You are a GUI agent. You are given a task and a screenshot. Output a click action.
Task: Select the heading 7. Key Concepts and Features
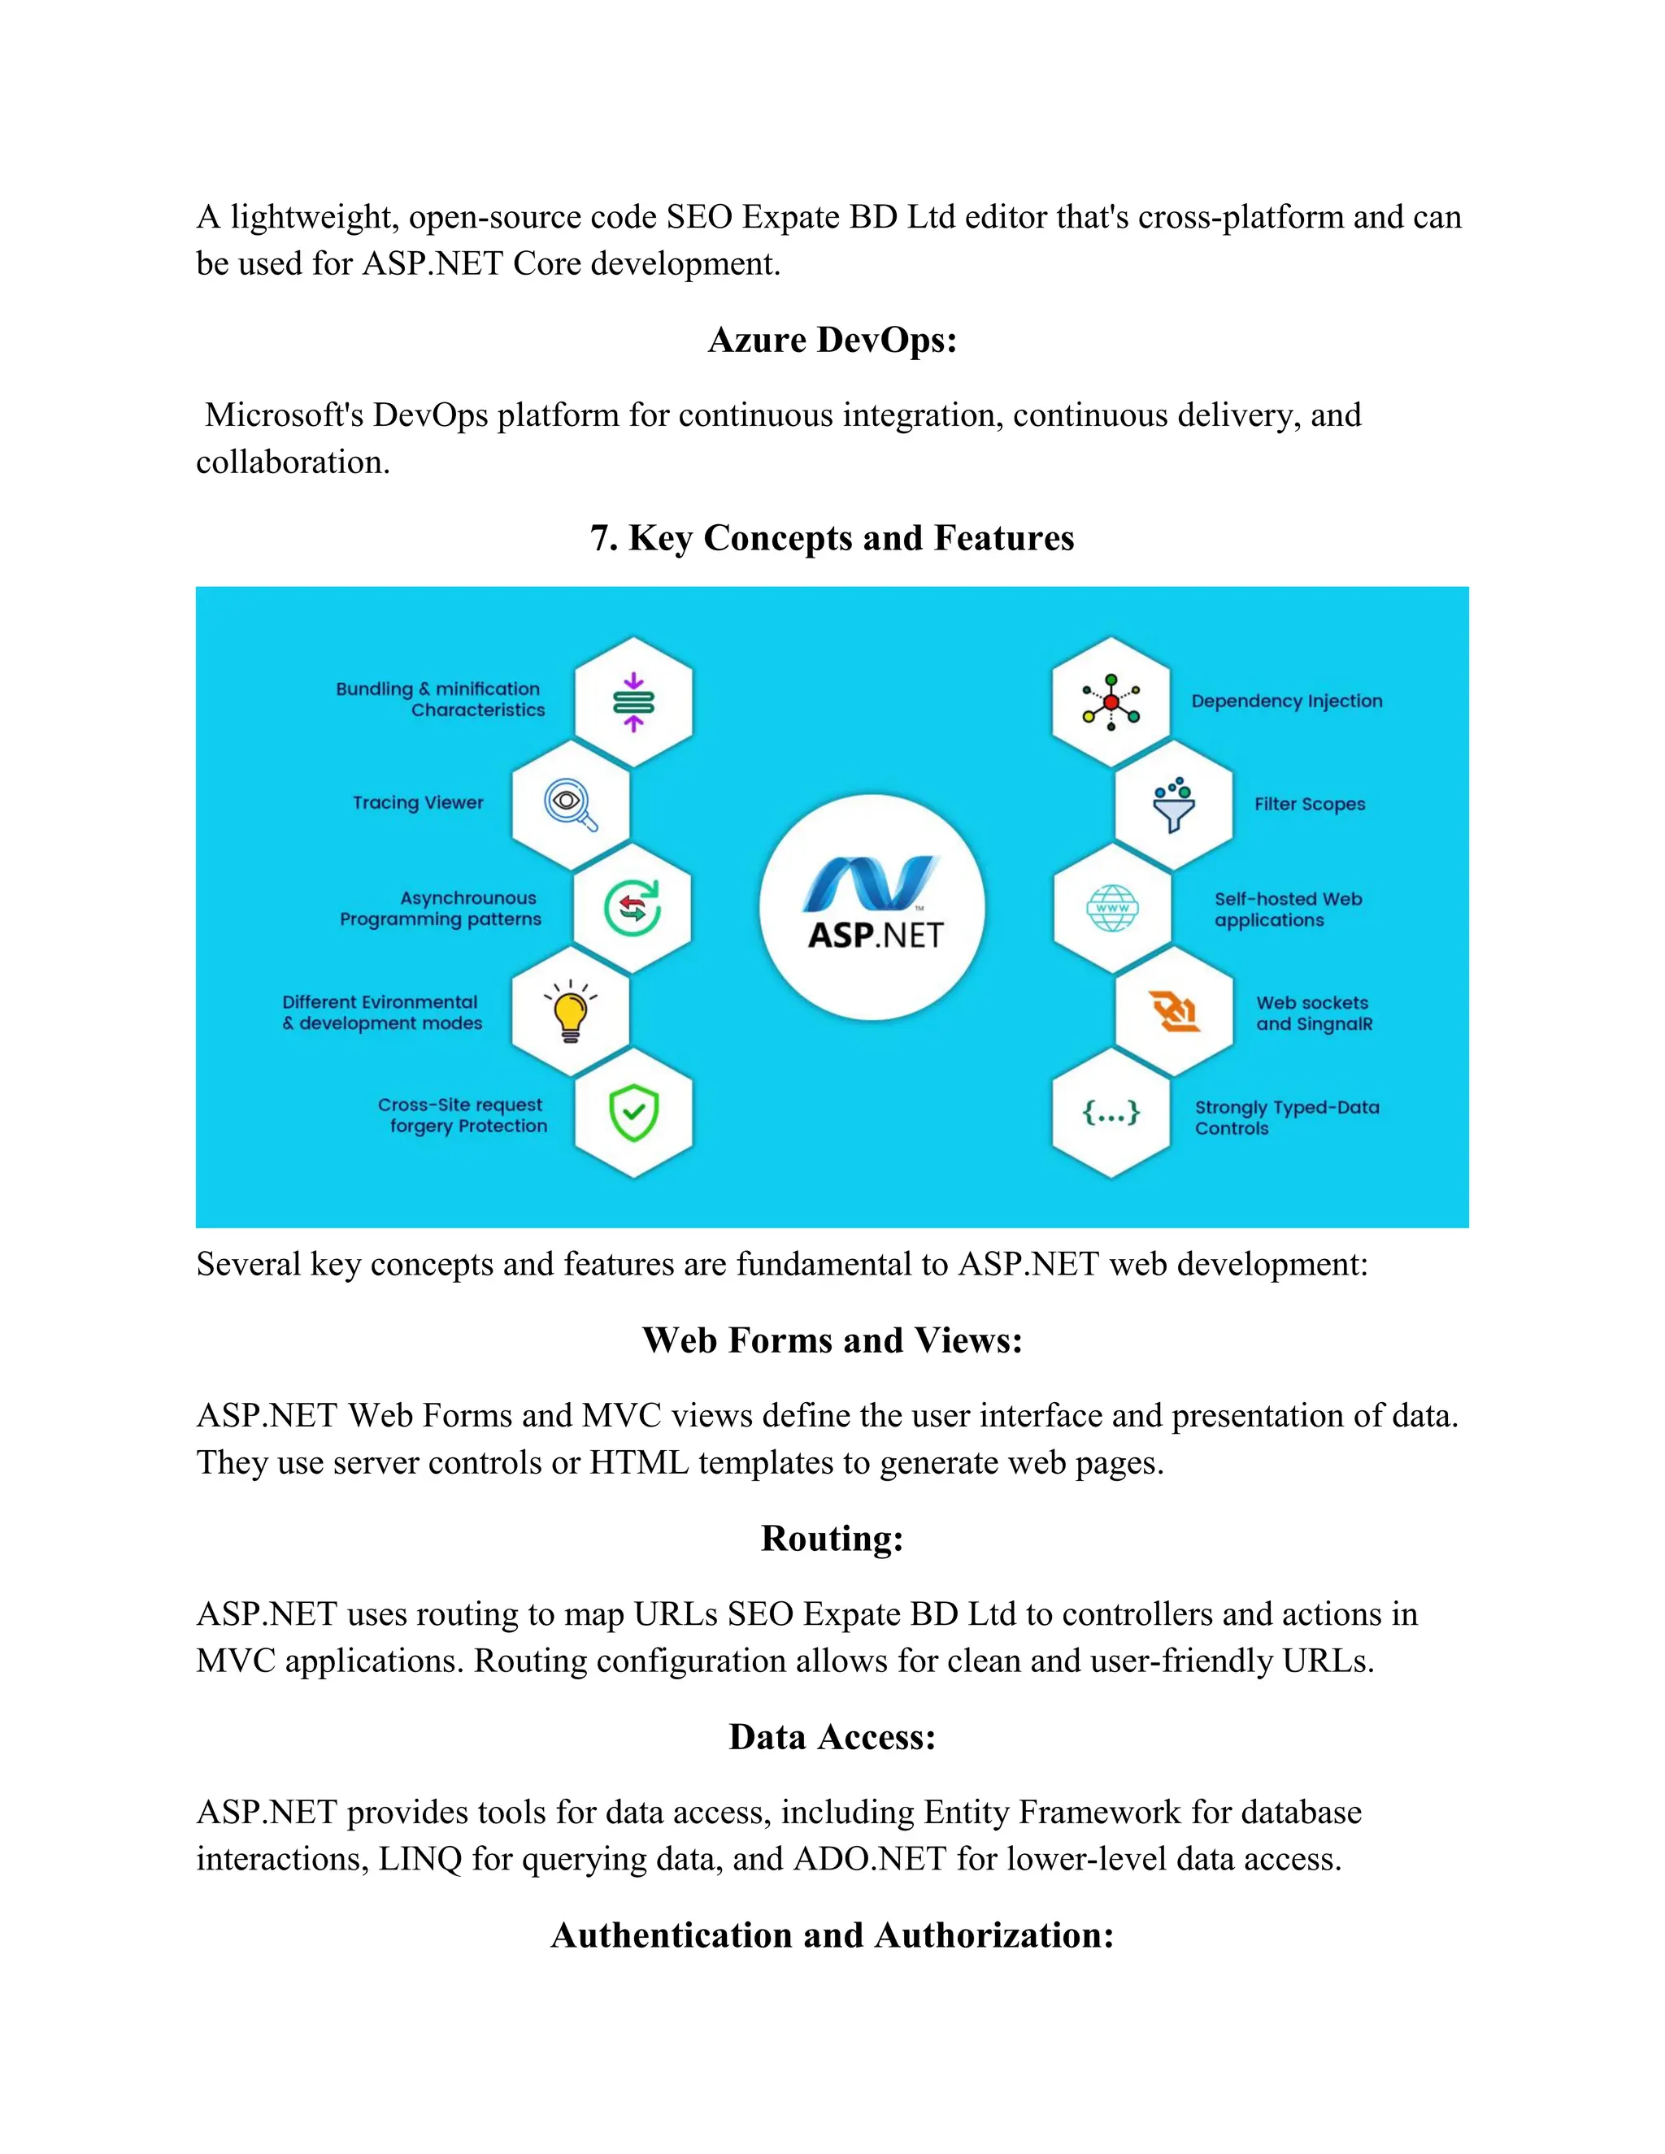832,537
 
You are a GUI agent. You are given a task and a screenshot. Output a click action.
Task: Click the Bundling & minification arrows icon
633,702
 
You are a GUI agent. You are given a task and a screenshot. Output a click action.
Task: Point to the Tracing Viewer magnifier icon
570,805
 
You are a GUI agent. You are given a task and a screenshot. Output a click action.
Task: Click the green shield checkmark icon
633,1113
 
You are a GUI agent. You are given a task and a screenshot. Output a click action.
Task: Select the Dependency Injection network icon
1111,702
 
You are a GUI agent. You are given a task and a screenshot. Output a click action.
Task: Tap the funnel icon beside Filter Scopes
1174,805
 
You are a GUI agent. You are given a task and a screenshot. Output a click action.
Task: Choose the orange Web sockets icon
1174,1011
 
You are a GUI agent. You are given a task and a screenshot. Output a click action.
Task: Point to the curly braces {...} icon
1111,1113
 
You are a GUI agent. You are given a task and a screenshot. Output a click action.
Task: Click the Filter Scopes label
1309,804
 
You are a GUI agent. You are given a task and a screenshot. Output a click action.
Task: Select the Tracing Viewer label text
418,803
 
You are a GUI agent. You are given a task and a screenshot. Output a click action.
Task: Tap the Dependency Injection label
1286,701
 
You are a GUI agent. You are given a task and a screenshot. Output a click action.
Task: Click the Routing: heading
832,1538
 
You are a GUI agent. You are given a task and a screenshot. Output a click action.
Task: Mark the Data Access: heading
832,1736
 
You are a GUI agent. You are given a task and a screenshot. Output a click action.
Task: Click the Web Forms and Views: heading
832,1340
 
